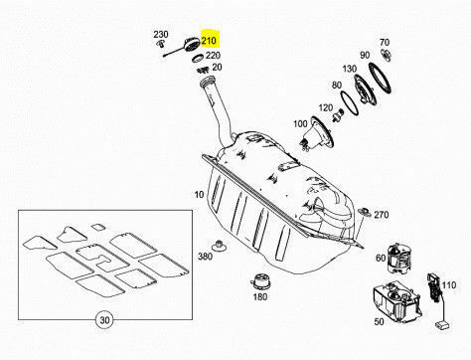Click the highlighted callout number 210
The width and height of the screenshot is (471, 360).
209,41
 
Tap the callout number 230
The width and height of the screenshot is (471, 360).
161,34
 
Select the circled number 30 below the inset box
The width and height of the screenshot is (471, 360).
104,320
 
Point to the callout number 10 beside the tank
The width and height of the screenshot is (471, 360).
199,195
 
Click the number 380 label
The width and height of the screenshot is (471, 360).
205,256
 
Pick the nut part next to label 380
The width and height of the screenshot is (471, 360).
219,246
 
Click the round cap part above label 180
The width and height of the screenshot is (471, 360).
260,282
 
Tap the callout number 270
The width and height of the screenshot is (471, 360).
382,215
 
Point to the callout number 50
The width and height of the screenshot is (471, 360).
379,321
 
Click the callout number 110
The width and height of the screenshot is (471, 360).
449,285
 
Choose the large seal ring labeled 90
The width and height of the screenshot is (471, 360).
380,79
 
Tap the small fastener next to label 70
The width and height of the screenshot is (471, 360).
386,55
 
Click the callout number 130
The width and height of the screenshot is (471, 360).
350,69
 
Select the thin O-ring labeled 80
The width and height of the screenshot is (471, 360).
350,103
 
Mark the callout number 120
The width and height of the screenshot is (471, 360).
326,107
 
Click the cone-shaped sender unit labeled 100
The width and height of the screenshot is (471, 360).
317,134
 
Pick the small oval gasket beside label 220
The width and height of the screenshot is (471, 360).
199,58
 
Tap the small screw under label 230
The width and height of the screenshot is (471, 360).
161,43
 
